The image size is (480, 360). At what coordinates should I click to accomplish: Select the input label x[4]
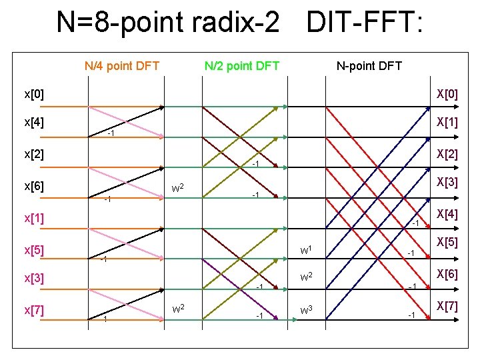point(34,123)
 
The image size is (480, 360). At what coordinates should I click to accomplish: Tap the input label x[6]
point(34,186)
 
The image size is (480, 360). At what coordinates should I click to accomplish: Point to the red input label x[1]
point(34,218)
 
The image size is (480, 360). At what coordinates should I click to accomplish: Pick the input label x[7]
point(34,310)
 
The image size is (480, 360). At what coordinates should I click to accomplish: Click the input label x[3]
point(34,278)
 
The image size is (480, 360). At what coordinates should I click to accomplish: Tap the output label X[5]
point(446,244)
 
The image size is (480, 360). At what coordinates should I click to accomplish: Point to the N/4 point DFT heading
point(122,65)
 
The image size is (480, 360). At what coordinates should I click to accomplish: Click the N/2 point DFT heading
point(241,65)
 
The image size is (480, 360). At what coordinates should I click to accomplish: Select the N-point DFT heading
point(369,65)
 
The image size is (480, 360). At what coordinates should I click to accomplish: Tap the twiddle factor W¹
point(307,251)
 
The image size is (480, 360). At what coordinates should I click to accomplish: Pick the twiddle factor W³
point(307,310)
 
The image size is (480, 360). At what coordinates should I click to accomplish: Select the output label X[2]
point(446,154)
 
